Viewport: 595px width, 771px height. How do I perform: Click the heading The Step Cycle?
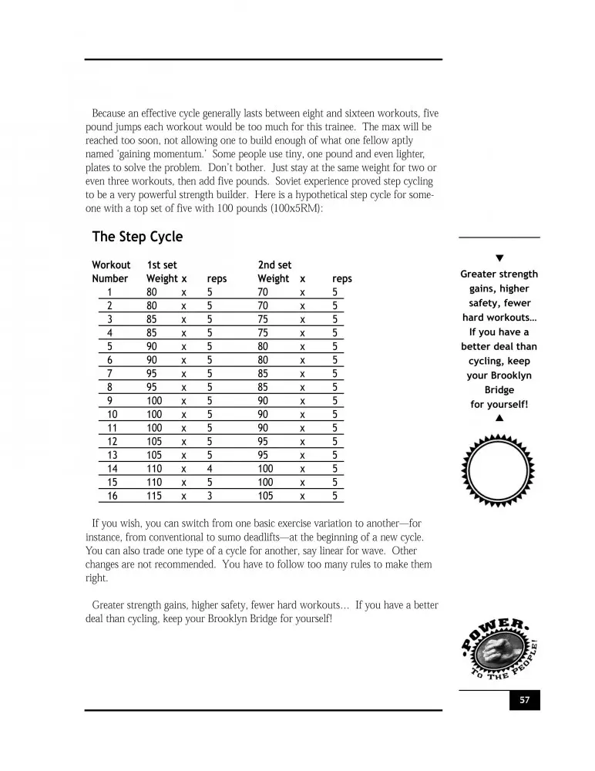tap(137, 237)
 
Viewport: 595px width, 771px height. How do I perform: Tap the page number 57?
tap(524, 701)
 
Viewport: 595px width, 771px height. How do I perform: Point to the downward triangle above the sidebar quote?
tap(499, 258)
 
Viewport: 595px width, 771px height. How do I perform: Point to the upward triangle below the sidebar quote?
tap(499, 419)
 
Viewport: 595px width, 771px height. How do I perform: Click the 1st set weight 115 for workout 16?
tap(154, 497)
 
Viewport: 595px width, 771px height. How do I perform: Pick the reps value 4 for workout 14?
tap(210, 468)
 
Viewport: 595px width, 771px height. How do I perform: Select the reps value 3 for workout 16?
tap(210, 497)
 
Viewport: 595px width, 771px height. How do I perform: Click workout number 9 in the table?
tap(110, 401)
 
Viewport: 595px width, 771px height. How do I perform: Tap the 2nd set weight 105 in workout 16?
tap(265, 497)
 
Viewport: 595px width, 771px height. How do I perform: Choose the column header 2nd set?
tap(274, 265)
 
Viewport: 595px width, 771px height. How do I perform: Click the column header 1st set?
tap(162, 265)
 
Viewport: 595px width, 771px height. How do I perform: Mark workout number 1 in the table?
tap(110, 292)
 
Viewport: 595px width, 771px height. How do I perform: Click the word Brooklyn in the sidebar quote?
tap(509, 375)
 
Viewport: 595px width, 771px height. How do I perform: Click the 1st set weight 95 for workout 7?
tap(152, 373)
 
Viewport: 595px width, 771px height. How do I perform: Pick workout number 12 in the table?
tap(113, 442)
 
